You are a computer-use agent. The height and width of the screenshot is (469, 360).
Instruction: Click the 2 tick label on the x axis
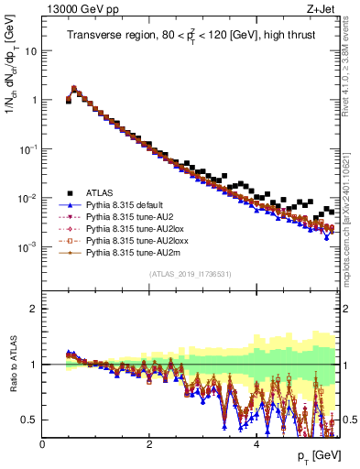[x=149, y=445]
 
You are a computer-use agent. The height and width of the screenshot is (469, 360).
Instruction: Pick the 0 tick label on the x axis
[x=42, y=445]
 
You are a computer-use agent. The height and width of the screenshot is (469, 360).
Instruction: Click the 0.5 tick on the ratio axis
[x=29, y=420]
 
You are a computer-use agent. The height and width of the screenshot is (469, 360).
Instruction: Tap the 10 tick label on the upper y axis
[x=32, y=51]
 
